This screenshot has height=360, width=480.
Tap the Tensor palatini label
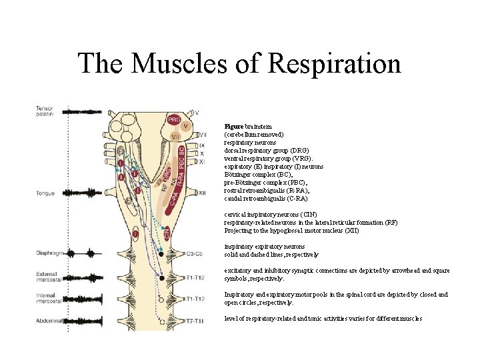pos(45,111)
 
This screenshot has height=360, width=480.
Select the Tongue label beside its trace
pos(45,193)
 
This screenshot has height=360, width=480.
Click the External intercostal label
pos(46,277)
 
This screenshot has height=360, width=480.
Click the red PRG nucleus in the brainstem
pos(173,120)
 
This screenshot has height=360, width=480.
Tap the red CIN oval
pos(167,233)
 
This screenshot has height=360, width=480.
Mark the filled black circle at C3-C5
pos(161,254)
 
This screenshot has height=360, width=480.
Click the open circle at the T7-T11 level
pos(161,321)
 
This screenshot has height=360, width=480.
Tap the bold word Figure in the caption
pos(234,126)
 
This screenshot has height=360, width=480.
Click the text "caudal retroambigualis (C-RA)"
pos(266,198)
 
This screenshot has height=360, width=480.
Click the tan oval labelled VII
pos(177,137)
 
